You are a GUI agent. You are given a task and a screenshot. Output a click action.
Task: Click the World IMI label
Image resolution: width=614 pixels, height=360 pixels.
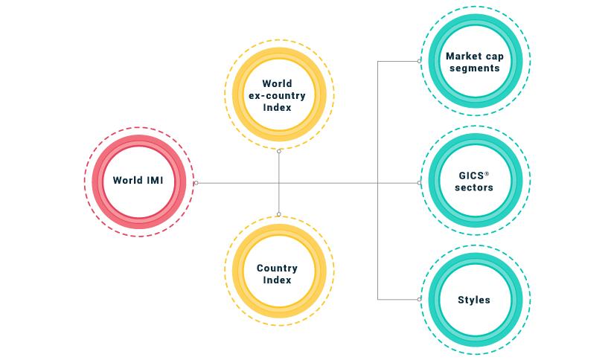pos(138,181)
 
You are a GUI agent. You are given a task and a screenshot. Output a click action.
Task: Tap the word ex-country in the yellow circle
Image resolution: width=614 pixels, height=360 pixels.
pos(277,95)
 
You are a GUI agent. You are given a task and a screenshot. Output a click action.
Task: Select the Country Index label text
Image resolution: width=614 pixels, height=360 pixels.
pos(277,274)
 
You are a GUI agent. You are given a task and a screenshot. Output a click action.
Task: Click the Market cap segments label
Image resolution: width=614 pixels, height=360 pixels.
pos(473,62)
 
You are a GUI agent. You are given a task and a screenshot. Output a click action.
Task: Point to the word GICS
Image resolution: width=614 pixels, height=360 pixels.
pos(471,176)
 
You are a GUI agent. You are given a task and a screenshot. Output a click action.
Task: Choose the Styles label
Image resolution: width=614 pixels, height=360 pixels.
pos(474,300)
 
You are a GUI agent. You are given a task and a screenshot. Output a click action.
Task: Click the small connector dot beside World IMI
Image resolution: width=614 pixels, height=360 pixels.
pos(196,182)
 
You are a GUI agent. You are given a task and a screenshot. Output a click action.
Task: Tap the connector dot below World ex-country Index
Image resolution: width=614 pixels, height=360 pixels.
pos(279,151)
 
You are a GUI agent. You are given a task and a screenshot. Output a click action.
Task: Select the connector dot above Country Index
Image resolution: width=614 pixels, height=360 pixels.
pos(279,214)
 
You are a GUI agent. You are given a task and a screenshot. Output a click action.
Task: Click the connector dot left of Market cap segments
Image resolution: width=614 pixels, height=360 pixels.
pos(420,61)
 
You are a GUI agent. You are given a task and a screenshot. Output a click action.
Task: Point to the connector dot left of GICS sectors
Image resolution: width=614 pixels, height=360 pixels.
pos(420,182)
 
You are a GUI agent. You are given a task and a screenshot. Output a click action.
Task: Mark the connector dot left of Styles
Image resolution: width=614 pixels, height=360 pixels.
pos(420,299)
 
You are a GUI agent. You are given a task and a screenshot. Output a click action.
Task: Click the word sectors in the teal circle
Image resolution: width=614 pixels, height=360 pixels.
pos(474,188)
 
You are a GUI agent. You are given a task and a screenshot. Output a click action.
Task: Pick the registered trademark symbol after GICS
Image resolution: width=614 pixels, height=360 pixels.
pos(487,173)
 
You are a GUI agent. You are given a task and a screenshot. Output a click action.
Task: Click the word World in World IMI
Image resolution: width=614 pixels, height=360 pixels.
pos(127,181)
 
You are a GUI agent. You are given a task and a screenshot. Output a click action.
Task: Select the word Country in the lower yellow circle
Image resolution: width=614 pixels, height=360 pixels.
pos(277,269)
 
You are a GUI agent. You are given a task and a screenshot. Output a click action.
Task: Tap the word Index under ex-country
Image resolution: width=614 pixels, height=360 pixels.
pos(277,108)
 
